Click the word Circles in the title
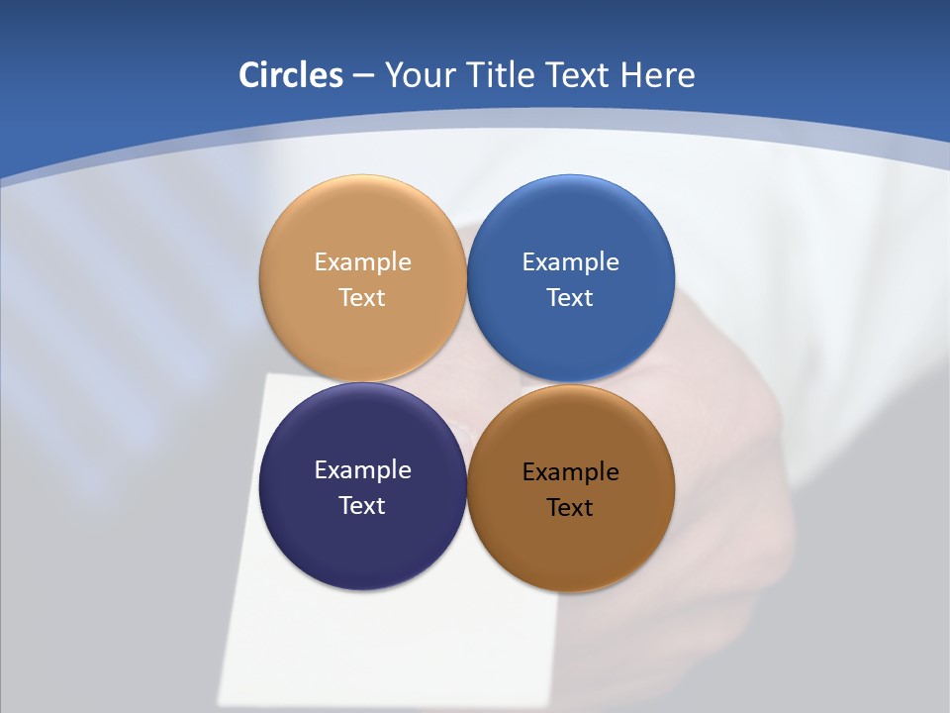pyautogui.click(x=290, y=75)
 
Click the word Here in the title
pyautogui.click(x=657, y=75)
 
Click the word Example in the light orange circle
pyautogui.click(x=362, y=262)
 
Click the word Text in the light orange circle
pyautogui.click(x=362, y=298)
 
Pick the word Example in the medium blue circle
pyautogui.click(x=570, y=262)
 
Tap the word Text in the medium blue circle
pyautogui.click(x=570, y=298)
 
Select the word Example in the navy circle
pyautogui.click(x=362, y=470)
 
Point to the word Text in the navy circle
pyautogui.click(x=362, y=506)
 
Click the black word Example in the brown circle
pyautogui.click(x=570, y=472)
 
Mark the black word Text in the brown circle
pyautogui.click(x=570, y=508)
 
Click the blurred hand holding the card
pyautogui.click(x=732, y=416)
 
